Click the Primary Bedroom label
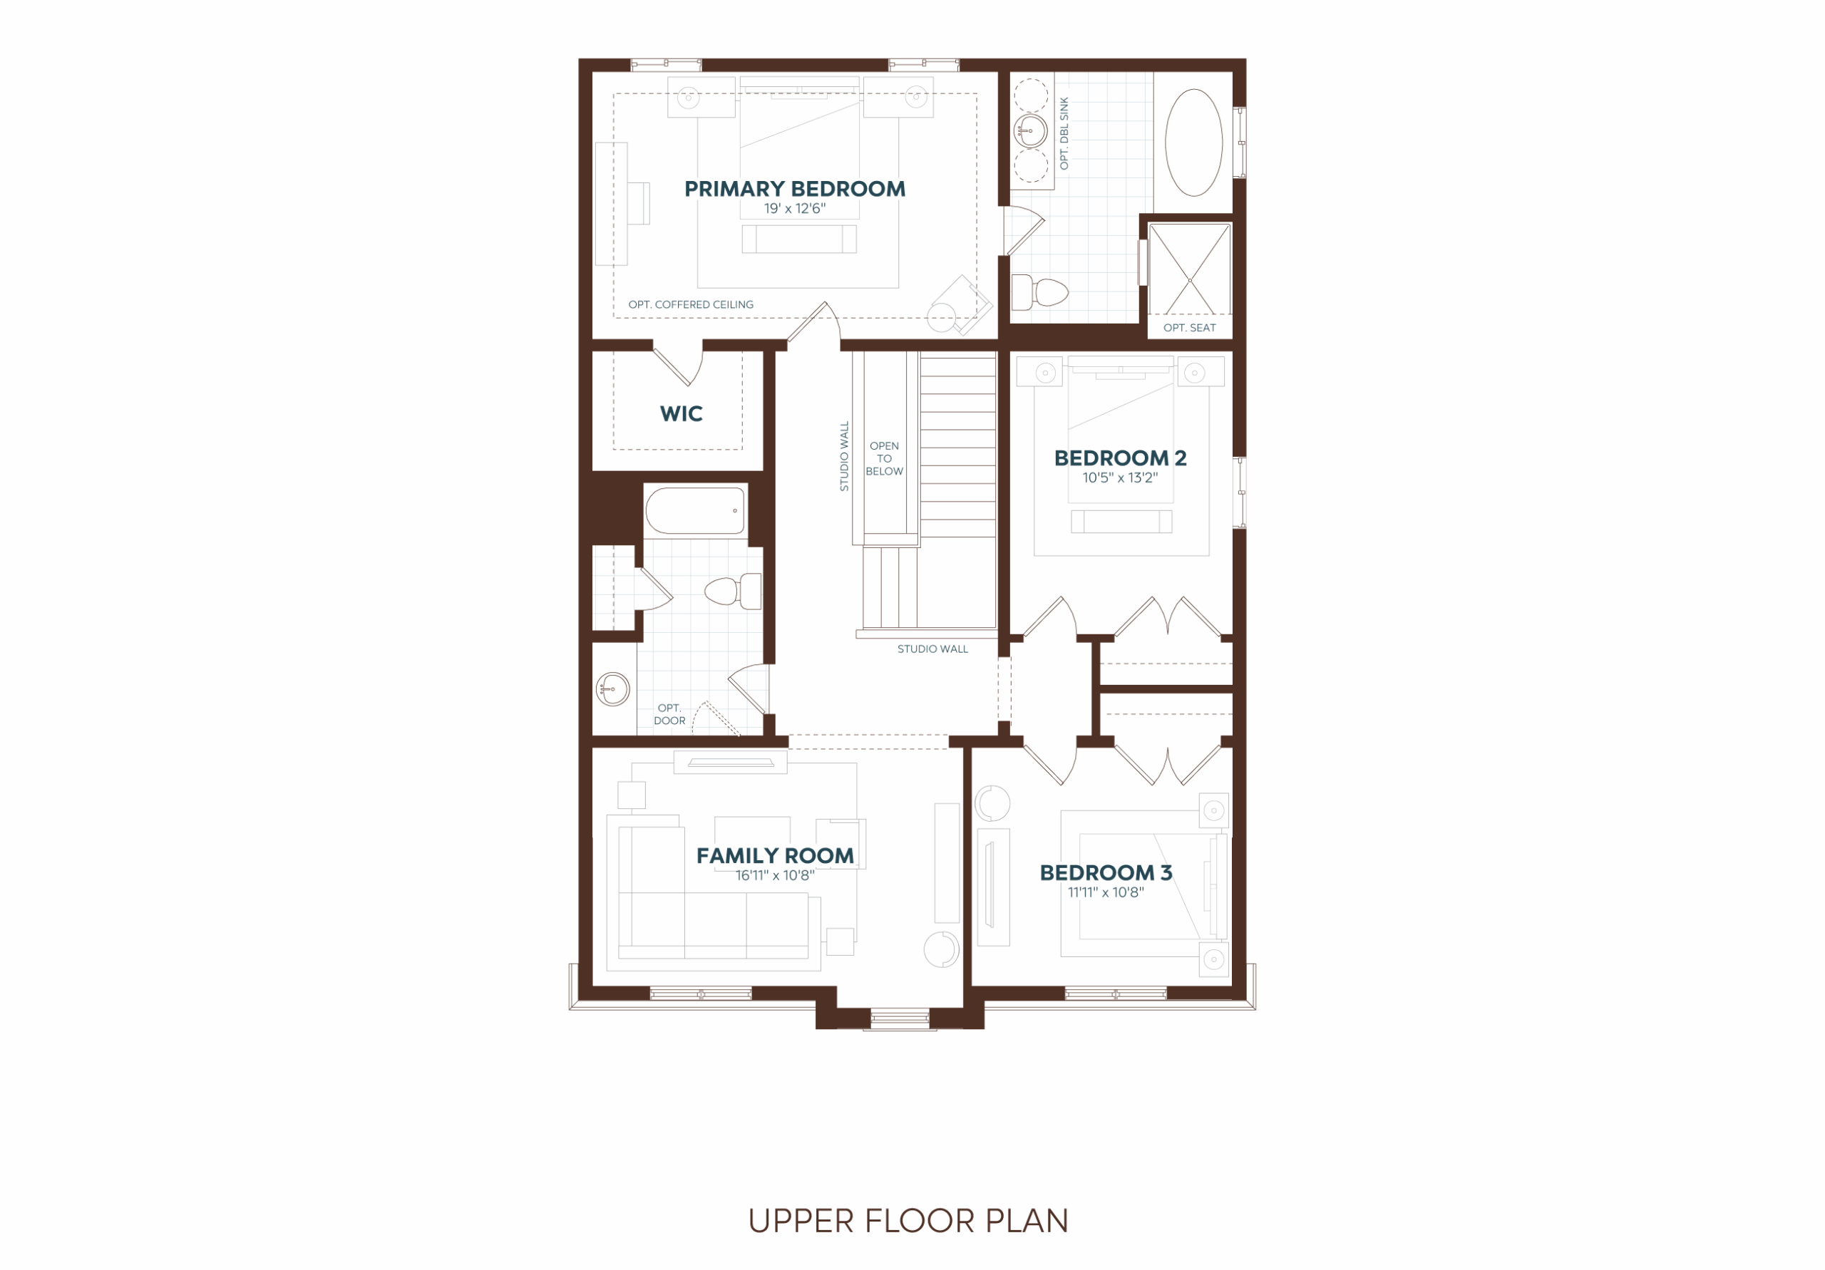pyautogui.click(x=795, y=189)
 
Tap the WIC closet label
pyautogui.click(x=682, y=414)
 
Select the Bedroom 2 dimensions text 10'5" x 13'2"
pyautogui.click(x=1120, y=477)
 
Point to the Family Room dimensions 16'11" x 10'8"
pyautogui.click(x=775, y=875)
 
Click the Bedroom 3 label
pyautogui.click(x=1106, y=872)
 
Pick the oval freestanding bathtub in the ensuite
pyautogui.click(x=1194, y=143)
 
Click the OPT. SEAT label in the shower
pyautogui.click(x=1189, y=327)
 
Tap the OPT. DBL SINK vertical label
pyautogui.click(x=1064, y=133)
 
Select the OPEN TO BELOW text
pyautogui.click(x=884, y=458)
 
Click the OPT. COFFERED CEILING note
pyautogui.click(x=691, y=304)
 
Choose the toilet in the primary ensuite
pyautogui.click(x=1039, y=292)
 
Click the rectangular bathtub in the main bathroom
pyautogui.click(x=696, y=510)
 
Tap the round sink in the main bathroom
pyautogui.click(x=613, y=689)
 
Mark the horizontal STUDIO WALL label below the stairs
pyautogui.click(x=932, y=649)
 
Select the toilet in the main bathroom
pyautogui.click(x=733, y=592)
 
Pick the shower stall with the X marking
pyautogui.click(x=1190, y=269)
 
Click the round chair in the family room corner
pyautogui.click(x=941, y=949)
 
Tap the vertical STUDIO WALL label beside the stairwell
pyautogui.click(x=845, y=456)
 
